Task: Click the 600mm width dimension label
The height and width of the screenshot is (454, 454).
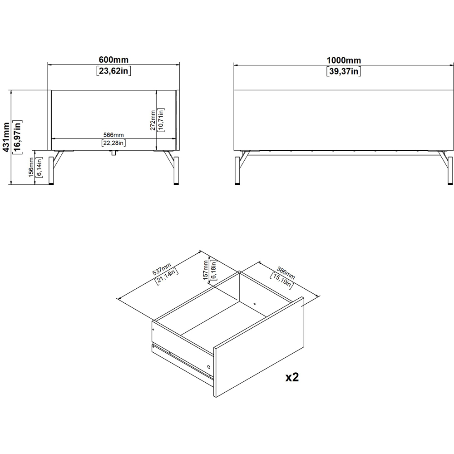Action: [x=113, y=59]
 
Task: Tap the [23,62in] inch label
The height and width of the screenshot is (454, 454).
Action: [x=113, y=71]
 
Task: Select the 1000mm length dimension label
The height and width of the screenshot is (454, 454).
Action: [x=344, y=60]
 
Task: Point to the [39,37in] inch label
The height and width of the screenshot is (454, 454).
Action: [x=344, y=71]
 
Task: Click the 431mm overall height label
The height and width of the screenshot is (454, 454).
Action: [x=6, y=137]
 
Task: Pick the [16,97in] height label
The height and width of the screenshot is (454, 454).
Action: [x=17, y=137]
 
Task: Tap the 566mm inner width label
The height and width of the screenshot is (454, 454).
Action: [x=113, y=135]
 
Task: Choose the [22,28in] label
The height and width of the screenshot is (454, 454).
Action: [x=113, y=143]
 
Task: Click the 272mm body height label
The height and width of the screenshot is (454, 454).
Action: [x=153, y=120]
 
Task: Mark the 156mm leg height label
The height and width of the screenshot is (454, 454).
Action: [x=31, y=167]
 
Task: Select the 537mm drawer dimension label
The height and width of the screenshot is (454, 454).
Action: [x=162, y=269]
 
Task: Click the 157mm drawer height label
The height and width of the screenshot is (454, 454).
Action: [x=206, y=270]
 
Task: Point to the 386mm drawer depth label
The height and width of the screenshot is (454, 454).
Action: [x=286, y=273]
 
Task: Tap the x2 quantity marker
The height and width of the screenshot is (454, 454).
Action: [x=292, y=377]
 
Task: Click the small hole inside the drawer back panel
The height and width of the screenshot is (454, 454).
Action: [x=255, y=304]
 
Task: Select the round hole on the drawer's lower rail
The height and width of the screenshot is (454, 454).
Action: [x=208, y=367]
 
